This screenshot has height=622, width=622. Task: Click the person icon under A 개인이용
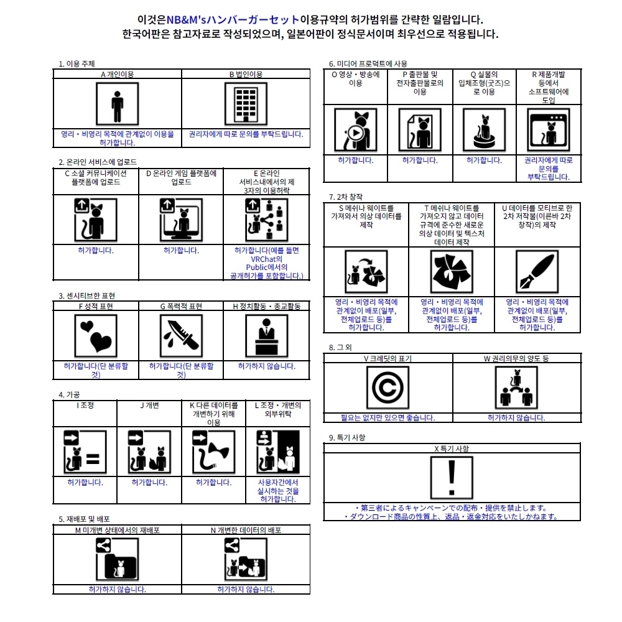pyautogui.click(x=117, y=104)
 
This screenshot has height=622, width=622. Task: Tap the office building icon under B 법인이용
pyautogui.click(x=246, y=104)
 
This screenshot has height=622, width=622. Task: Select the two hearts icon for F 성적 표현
pyautogui.click(x=96, y=336)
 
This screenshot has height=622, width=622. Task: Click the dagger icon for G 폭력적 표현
pyautogui.click(x=181, y=336)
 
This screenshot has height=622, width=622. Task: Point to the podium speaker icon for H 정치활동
pyautogui.click(x=267, y=336)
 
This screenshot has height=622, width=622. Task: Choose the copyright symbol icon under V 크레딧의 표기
pyautogui.click(x=388, y=388)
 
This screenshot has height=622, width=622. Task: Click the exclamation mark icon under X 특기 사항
pyautogui.click(x=452, y=478)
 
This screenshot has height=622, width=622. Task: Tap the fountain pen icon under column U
pyautogui.click(x=537, y=272)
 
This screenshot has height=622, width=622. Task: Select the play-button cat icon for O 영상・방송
pyautogui.click(x=355, y=130)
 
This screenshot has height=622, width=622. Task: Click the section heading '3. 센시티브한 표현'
pyautogui.click(x=86, y=295)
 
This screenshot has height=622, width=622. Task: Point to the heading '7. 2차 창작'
pyautogui.click(x=345, y=197)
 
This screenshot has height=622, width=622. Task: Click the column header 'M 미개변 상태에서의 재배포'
pyautogui.click(x=118, y=530)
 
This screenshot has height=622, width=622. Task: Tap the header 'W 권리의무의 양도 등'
pyautogui.click(x=516, y=359)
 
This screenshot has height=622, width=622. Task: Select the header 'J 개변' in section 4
pyautogui.click(x=149, y=406)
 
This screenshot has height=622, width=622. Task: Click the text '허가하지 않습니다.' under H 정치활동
pyautogui.click(x=267, y=366)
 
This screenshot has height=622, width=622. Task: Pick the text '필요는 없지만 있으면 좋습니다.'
pyautogui.click(x=388, y=418)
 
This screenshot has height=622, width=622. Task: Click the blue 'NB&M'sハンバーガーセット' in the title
pyautogui.click(x=233, y=19)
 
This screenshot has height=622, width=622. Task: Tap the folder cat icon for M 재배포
pyautogui.click(x=117, y=559)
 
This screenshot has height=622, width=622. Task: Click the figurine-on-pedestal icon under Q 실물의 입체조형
pyautogui.click(x=484, y=130)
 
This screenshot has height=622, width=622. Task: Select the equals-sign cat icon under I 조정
pyautogui.click(x=85, y=452)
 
